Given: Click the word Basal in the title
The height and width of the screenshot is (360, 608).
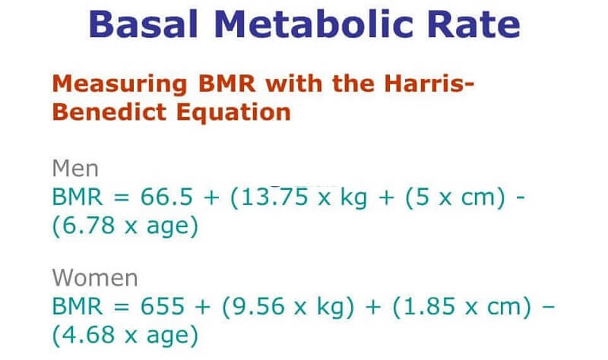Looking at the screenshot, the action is tap(143, 24).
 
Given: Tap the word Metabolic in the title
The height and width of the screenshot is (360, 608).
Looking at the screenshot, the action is tap(312, 24).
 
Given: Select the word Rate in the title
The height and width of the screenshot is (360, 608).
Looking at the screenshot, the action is tap(473, 24).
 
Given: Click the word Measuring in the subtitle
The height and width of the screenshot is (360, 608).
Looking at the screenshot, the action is tap(120, 85).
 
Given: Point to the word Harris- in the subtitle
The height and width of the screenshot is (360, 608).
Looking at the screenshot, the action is tap(429, 84).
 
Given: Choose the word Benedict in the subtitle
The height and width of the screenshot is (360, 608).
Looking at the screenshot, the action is tap(109, 112).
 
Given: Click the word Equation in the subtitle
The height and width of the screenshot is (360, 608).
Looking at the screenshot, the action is tap(233, 113).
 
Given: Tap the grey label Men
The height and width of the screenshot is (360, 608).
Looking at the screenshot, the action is tap(75, 169).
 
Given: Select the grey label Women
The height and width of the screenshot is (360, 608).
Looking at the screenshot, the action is tap(95, 278).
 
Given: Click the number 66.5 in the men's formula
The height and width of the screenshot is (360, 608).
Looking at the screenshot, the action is tap(166, 197).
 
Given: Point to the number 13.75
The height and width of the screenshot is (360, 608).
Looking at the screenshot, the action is tap(275, 197).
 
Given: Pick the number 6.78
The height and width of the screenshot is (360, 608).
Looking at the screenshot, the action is tap(89, 225).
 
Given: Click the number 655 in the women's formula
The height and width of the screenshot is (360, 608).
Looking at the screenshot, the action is tap(162, 306).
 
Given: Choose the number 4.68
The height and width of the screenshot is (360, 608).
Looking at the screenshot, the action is tap(89, 335).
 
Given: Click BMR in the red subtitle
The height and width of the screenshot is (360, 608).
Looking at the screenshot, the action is tap(226, 84).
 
